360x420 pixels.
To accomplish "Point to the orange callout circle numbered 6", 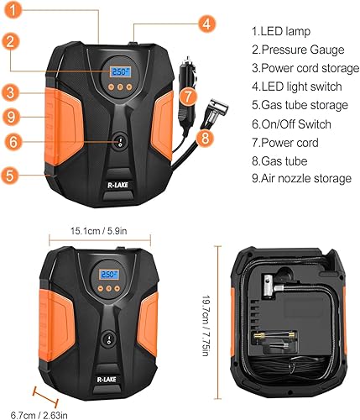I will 13,143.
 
